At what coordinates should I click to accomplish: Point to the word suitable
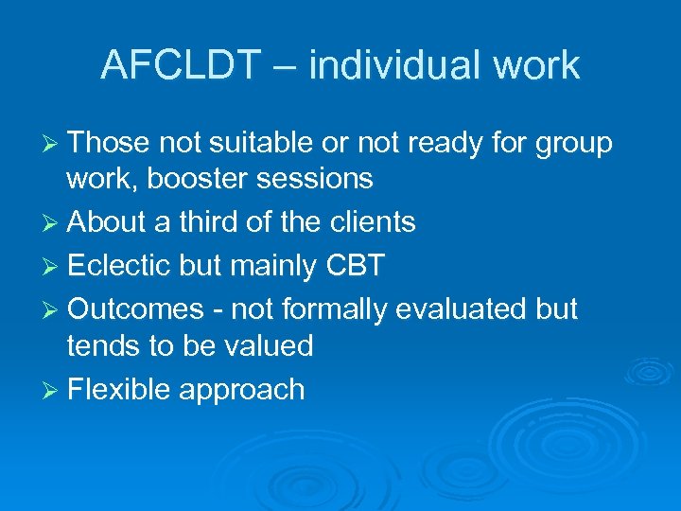click(256, 143)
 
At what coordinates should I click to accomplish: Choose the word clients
click(367, 222)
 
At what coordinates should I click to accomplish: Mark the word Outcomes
click(136, 308)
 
